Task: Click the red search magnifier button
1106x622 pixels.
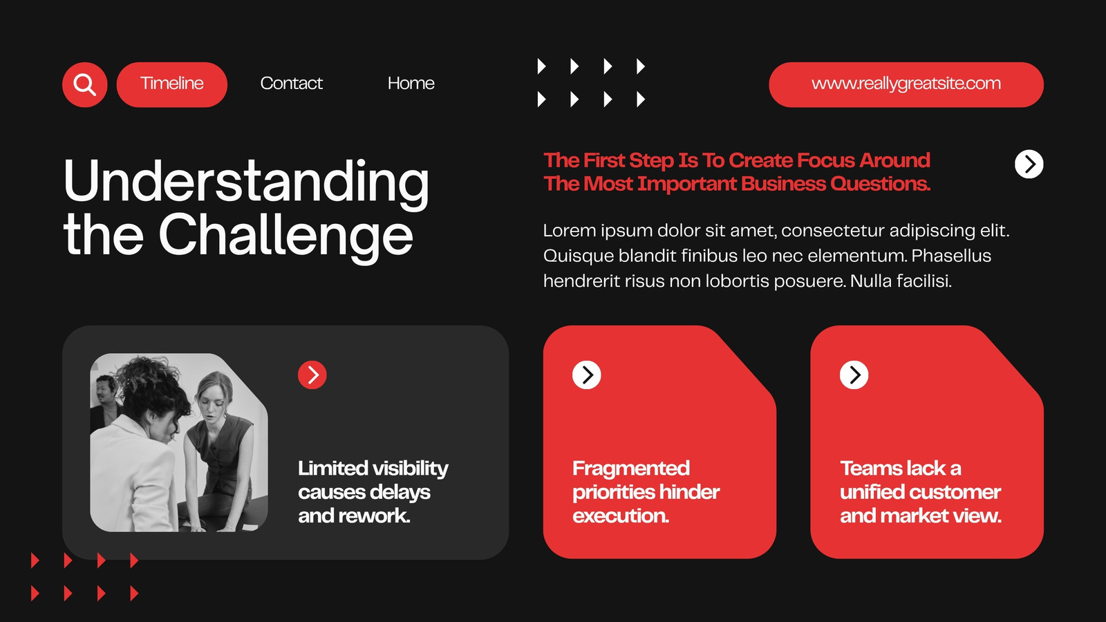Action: pyautogui.click(x=84, y=84)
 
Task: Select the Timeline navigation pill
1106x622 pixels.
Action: pyautogui.click(x=172, y=84)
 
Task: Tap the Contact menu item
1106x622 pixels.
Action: pyautogui.click(x=291, y=84)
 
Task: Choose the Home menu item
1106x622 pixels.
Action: pyautogui.click(x=411, y=84)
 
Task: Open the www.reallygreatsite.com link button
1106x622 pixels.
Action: pyautogui.click(x=906, y=84)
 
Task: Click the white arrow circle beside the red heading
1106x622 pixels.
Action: pyautogui.click(x=1029, y=164)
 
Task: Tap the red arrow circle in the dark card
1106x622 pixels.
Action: pyautogui.click(x=312, y=375)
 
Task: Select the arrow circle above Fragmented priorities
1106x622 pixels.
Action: pyautogui.click(x=587, y=375)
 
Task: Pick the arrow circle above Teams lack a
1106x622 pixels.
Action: pyautogui.click(x=854, y=375)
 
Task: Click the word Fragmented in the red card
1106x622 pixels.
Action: pyautogui.click(x=631, y=469)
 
